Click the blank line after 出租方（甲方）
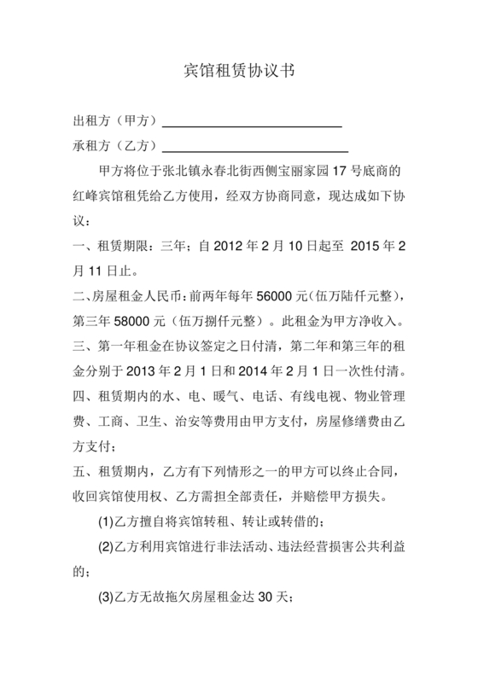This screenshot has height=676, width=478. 253,122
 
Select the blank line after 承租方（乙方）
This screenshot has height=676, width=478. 253,147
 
